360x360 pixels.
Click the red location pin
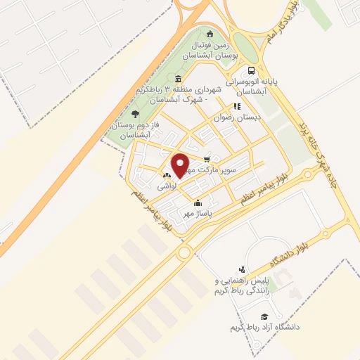coord(181,165)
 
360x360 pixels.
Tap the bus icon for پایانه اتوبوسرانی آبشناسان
coord(251,70)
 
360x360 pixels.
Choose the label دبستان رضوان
coord(238,117)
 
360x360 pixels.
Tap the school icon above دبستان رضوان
coord(237,106)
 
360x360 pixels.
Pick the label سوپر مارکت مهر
coord(225,170)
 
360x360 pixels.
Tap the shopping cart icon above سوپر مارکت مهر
coord(206,159)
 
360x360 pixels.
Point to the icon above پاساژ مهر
coord(198,204)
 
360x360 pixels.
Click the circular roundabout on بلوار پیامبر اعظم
coord(185,252)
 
